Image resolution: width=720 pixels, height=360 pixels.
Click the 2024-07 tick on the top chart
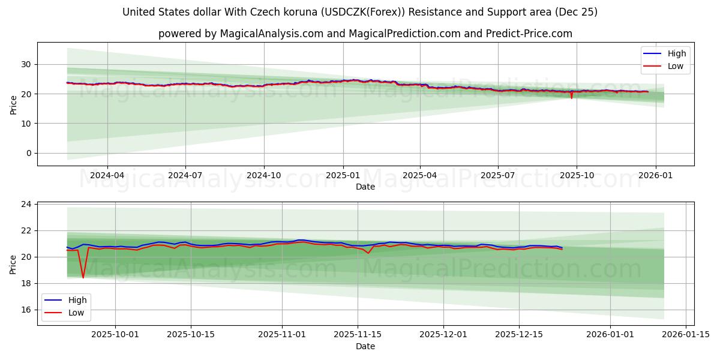(185, 175)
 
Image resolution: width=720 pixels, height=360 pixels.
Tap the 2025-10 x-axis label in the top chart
(577, 175)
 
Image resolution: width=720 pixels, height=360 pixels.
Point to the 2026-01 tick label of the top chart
(655, 175)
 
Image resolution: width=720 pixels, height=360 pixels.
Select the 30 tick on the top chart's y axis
(26, 64)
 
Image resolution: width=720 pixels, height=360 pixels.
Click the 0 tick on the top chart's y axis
(29, 153)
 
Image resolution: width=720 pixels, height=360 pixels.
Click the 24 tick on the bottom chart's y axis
(26, 205)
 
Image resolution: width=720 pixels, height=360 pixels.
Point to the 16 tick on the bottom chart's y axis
(26, 310)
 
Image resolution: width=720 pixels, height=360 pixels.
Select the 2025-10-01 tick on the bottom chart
(116, 335)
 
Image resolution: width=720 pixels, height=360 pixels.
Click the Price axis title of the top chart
(13, 104)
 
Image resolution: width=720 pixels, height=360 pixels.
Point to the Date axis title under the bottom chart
(365, 346)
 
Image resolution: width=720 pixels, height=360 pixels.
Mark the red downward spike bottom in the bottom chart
(83, 277)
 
